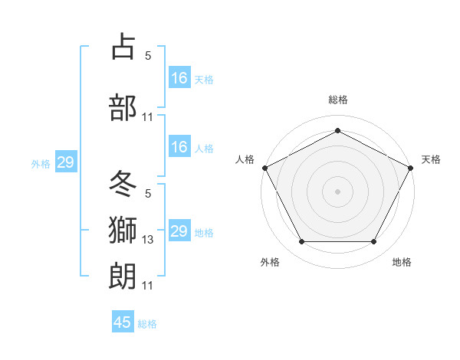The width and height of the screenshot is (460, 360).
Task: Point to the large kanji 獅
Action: [123, 227]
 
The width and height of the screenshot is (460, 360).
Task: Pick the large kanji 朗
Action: [123, 273]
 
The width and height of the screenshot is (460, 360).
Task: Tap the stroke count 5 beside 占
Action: [148, 56]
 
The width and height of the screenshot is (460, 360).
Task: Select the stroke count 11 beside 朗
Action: [148, 286]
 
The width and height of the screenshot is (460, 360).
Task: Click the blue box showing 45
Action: [123, 322]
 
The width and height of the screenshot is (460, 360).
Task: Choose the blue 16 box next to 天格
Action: [179, 77]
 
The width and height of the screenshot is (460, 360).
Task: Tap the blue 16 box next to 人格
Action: [179, 147]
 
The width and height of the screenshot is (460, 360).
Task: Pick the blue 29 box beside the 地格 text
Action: [179, 231]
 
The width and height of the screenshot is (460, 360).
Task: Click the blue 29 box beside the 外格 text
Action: [65, 162]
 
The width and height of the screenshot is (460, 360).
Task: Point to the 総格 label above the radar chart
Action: [337, 100]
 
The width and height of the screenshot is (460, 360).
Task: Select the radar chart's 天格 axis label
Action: [431, 159]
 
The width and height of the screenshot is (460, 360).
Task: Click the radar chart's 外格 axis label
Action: [270, 262]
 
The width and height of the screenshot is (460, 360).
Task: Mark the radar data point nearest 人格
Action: [264, 167]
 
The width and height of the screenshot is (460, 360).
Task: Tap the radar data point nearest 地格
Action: [373, 242]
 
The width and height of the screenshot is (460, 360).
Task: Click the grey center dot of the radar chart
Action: [337, 191]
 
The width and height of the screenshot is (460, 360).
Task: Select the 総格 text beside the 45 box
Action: [147, 324]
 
